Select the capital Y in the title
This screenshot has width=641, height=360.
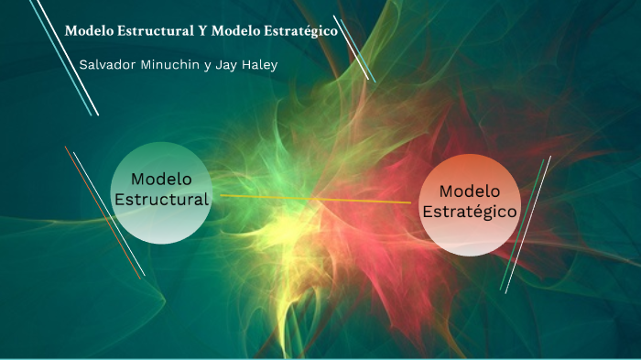(201, 31)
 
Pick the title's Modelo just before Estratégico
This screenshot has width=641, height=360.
(234, 31)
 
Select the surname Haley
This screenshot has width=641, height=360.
(259, 65)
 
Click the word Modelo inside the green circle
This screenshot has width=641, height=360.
(160, 178)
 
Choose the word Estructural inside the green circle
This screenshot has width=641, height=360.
(161, 198)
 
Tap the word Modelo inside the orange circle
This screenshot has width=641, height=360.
(470, 191)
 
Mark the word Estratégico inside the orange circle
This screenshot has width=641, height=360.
(470, 212)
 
